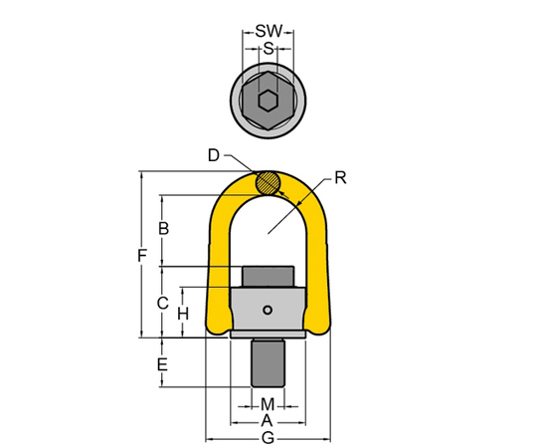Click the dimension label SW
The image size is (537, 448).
coord(268,31)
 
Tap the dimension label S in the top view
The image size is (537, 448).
coord(268,49)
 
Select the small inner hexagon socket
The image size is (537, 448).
coord(268,101)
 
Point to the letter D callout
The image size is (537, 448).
coord(214,155)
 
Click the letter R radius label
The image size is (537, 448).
coord(340,178)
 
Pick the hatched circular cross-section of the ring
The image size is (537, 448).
coord(268,183)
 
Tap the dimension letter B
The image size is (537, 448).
coord(164,228)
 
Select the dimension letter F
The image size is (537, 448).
coord(142,256)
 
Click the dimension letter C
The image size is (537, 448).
coord(163,303)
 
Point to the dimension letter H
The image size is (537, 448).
coord(183,314)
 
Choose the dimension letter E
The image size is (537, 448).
coord(162,364)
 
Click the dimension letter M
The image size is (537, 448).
coord(268,404)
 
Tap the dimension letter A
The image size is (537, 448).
coord(267,420)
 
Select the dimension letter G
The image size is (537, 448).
coord(268,438)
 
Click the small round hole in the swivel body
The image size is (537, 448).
coord(268,311)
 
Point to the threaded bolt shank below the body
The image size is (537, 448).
coord(268,363)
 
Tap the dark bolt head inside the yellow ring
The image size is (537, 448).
coord(268,277)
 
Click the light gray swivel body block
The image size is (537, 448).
coord(268,310)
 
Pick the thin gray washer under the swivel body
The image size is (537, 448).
coord(268,335)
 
